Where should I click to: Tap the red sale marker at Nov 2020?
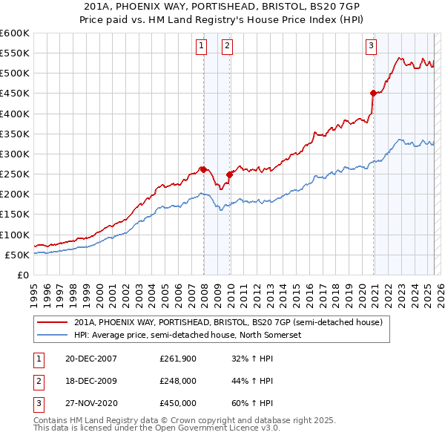373,93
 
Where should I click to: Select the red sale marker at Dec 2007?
203,169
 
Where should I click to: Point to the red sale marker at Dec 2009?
229,174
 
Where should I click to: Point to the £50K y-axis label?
17,255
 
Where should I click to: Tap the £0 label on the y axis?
23,275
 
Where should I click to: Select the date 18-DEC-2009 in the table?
92,381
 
